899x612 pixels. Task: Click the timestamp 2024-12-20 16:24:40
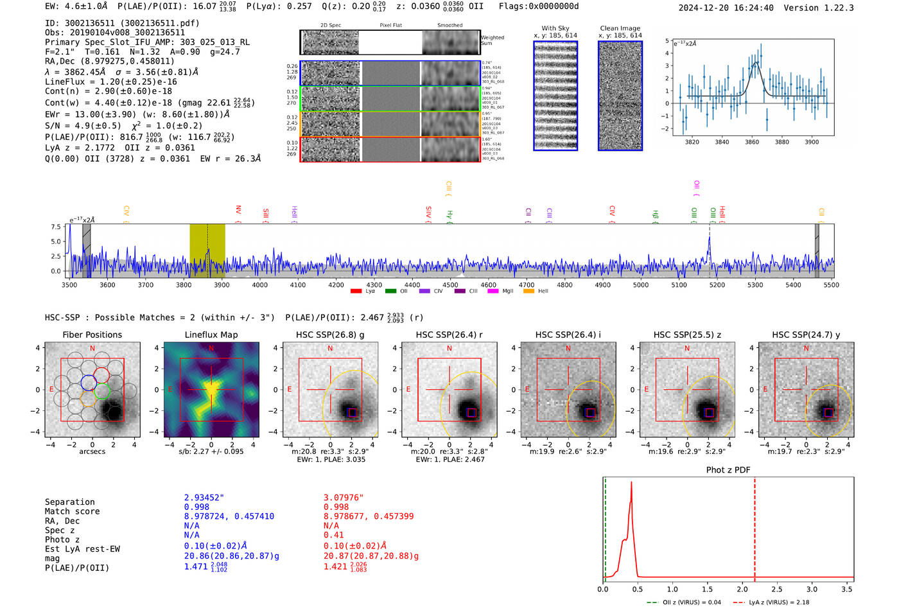726,8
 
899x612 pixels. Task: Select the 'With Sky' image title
555,28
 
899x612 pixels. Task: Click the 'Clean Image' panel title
620,28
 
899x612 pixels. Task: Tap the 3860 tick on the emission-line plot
751,142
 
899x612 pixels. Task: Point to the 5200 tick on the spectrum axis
717,285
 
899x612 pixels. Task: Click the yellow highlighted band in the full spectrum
207,250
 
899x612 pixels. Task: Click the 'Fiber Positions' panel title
92,335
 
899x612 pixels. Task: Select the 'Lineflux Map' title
211,335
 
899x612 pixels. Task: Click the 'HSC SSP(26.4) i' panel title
568,335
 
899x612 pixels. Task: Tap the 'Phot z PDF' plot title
728,470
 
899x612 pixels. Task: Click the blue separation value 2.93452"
204,498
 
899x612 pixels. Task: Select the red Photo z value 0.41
333,535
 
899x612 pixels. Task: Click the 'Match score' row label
72,512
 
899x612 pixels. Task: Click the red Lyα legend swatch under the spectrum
356,292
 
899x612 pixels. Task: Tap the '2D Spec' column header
330,26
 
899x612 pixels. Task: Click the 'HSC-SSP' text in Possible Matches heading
62,318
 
